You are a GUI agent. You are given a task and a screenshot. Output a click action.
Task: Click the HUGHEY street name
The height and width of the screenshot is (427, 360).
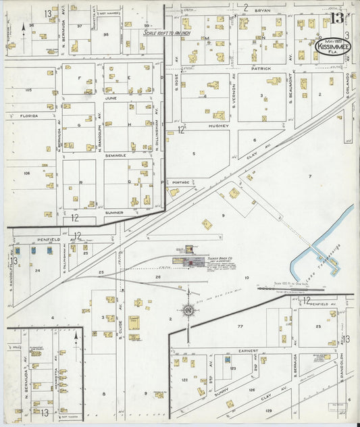pos(219,126)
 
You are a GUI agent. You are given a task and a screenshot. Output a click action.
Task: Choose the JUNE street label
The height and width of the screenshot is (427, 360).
pos(110,98)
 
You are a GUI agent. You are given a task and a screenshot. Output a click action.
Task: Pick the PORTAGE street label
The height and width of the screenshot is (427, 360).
pos(180,182)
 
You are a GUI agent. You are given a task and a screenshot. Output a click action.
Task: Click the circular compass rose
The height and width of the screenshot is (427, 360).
pos(189,311)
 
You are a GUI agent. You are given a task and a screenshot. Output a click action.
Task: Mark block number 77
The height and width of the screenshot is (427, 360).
pos(240,326)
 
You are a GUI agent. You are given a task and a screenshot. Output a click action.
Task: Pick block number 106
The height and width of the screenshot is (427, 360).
pos(27,173)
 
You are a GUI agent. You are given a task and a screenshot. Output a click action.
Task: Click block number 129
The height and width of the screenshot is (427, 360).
pos(268,410)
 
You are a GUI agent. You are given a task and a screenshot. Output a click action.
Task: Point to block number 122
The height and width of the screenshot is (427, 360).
pos(184,380)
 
